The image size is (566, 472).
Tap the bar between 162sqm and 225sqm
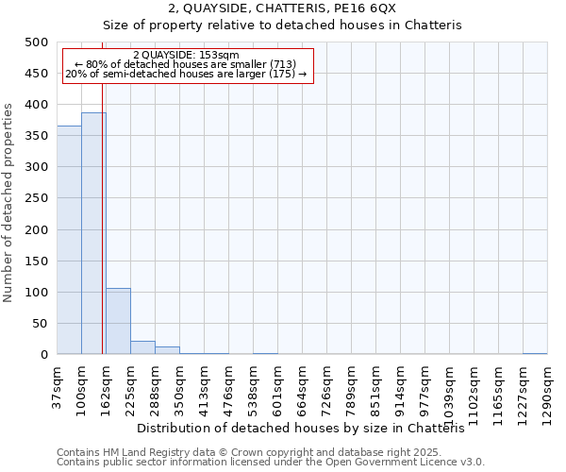(x=118, y=321)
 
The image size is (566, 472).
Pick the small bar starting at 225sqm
(x=142, y=347)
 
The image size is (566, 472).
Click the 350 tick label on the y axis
(x=37, y=136)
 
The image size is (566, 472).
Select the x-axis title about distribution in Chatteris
(x=308, y=429)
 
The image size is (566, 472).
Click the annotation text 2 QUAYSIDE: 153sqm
(x=186, y=55)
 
